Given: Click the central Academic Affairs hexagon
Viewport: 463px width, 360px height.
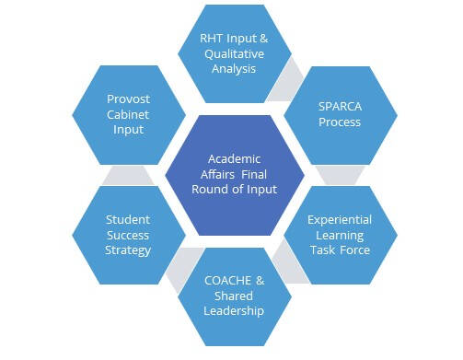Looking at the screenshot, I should pos(236,173).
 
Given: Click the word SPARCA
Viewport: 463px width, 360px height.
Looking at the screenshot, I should pos(339,108).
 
